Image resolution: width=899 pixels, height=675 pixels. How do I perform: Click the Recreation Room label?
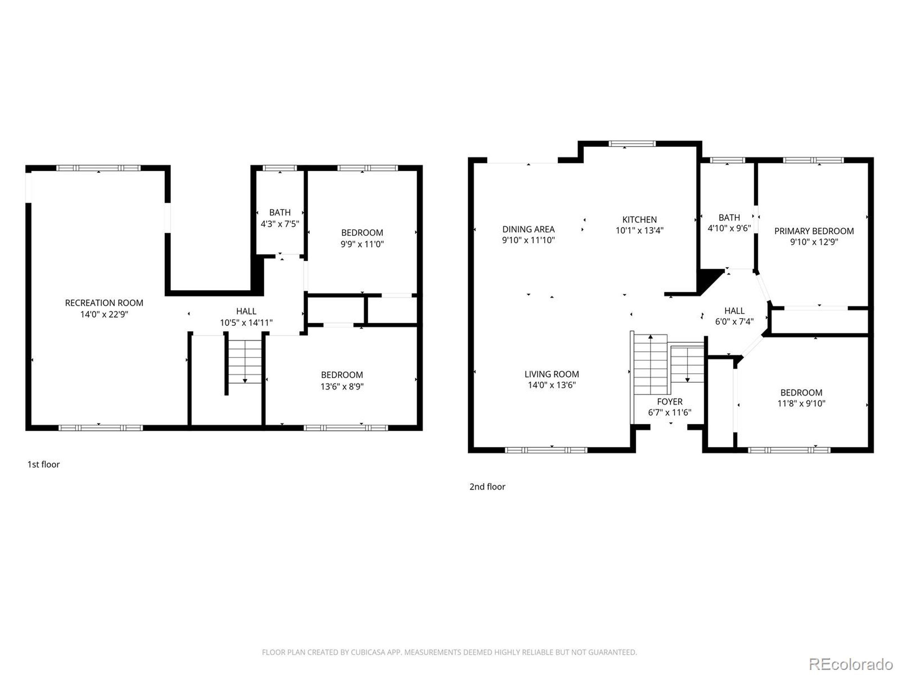104,303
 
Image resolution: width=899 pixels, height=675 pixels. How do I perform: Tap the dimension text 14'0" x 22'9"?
104,314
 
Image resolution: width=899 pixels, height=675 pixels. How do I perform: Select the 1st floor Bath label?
280,212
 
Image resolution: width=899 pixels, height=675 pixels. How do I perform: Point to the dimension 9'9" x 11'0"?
362,244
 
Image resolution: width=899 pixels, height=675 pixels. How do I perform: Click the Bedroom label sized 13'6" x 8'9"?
342,375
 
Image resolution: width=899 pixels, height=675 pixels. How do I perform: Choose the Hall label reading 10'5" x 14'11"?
246,311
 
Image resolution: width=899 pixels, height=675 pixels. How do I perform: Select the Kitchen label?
639,219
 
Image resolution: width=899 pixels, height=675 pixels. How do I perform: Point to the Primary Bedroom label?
814,231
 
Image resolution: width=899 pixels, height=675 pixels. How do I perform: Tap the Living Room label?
551,374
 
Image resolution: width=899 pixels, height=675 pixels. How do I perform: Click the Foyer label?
669,401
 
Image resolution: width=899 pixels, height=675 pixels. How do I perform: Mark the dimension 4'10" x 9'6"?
729,228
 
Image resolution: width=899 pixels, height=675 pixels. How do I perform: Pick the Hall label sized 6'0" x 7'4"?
734,311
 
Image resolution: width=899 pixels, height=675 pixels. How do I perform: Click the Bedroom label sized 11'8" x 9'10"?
801,393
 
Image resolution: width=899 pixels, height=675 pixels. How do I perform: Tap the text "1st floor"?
44,465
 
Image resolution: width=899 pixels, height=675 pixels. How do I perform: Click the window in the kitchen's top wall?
632,144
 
